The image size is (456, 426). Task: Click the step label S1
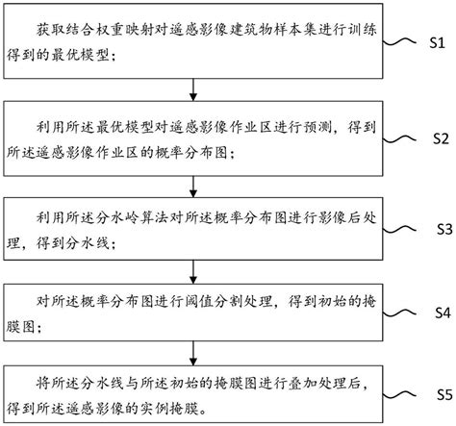click(438, 44)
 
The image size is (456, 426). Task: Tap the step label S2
click(438, 138)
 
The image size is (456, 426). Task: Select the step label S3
click(438, 230)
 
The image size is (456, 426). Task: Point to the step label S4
click(438, 313)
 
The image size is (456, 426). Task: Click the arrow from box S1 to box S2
click(196, 88)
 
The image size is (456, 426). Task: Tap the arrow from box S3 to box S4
click(196, 270)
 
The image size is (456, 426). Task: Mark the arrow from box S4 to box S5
click(196, 352)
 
